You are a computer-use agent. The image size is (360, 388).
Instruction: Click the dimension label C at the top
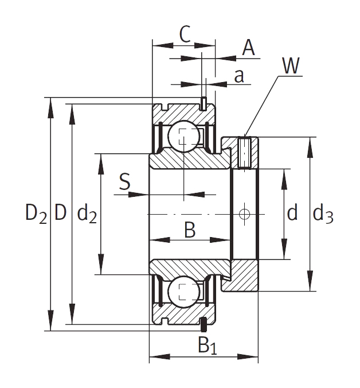(184, 34)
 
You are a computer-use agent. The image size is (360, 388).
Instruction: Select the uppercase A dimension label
(248, 48)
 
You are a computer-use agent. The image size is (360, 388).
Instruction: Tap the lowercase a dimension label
(240, 76)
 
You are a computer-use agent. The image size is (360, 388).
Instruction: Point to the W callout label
(291, 67)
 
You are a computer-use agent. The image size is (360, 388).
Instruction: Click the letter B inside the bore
(190, 231)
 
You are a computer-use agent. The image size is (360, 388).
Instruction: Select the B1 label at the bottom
(208, 346)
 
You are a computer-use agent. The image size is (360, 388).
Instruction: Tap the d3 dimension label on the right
(323, 214)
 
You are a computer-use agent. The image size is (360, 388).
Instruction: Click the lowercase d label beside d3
(292, 214)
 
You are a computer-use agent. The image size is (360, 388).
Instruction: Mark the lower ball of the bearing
(183, 292)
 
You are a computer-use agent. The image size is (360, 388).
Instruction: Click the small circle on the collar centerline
(245, 214)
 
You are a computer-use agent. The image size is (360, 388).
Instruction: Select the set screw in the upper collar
(245, 152)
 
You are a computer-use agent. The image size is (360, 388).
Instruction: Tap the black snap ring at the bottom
(203, 325)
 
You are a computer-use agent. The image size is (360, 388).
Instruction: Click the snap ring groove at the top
(203, 103)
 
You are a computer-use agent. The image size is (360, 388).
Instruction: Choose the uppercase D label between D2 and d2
(60, 214)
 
